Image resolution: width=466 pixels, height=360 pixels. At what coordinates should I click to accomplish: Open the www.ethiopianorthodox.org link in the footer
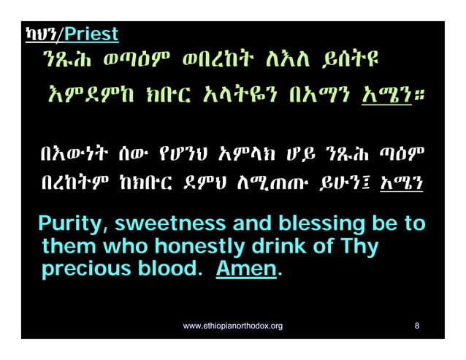click(232, 326)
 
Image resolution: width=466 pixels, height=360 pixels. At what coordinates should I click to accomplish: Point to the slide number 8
click(416, 326)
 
